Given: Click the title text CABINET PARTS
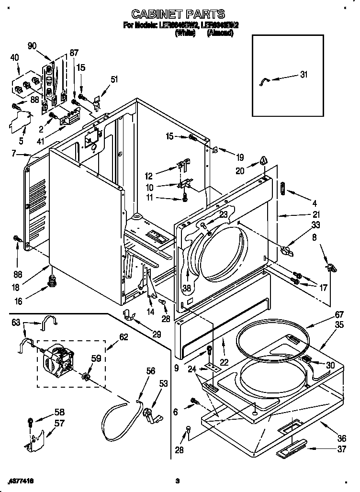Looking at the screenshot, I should (178, 14).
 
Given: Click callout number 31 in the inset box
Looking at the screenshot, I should (304, 74).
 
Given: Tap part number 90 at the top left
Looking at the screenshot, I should (33, 45).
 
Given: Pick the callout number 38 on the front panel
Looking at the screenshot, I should (187, 288).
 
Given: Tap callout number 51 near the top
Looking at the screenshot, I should (114, 79).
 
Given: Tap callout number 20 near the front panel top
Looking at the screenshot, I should (240, 170).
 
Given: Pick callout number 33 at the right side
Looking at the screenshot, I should (316, 224).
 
